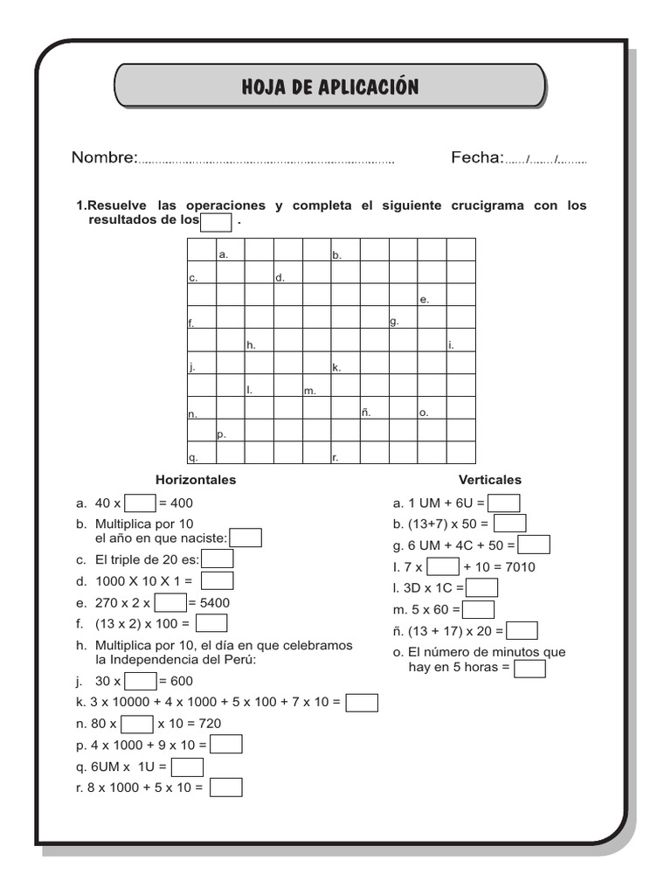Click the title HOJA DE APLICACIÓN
coord(330,87)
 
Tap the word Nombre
coord(104,157)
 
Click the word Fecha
coord(477,157)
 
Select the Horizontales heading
coord(196,480)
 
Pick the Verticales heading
coord(490,480)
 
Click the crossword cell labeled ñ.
coord(375,407)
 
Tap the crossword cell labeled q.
coord(201,452)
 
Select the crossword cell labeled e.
coord(432,295)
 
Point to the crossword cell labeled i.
coord(460,339)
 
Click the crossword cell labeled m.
coord(317,385)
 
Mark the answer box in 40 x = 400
coord(140,503)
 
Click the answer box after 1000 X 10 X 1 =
coord(217,580)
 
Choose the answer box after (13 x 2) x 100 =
coord(211,623)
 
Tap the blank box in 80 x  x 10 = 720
coord(137,724)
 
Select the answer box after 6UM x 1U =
coord(187,767)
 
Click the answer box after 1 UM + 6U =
coord(504,503)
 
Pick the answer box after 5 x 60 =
coord(479,609)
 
